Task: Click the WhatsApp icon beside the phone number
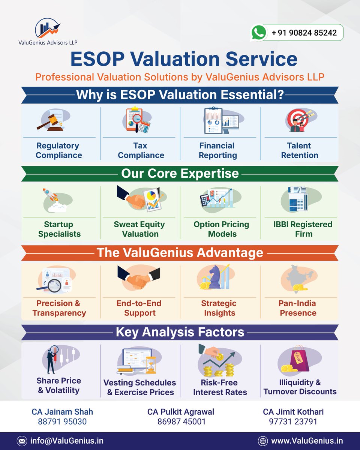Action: pyautogui.click(x=258, y=33)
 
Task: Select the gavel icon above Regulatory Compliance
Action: pyautogui.click(x=51, y=120)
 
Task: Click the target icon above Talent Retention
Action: pyautogui.click(x=298, y=120)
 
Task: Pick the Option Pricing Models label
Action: pyautogui.click(x=221, y=229)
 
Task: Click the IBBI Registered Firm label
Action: pyautogui.click(x=303, y=229)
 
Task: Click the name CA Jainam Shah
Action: pyautogui.click(x=62, y=412)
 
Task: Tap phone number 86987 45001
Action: pyautogui.click(x=181, y=421)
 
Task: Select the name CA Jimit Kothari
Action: pyautogui.click(x=293, y=412)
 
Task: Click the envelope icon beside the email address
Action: pyautogui.click(x=22, y=441)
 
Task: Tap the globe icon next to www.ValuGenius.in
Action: pyautogui.click(x=262, y=441)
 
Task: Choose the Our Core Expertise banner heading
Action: pyautogui.click(x=180, y=174)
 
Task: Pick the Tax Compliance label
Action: pyautogui.click(x=141, y=150)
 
